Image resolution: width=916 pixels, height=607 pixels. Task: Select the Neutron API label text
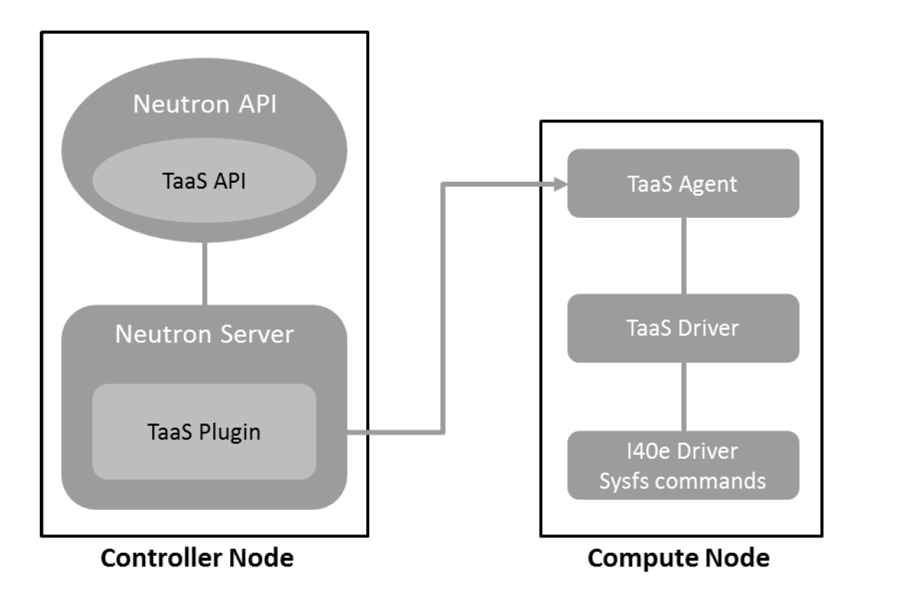203,105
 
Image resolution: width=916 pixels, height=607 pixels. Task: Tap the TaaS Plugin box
204,431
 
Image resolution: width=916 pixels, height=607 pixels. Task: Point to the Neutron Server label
204,333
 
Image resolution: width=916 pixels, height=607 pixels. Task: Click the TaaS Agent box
683,183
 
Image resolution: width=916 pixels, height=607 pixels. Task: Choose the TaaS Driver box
683,328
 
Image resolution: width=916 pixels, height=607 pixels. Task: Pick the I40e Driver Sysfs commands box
683,466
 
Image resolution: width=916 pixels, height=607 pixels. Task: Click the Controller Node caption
197,558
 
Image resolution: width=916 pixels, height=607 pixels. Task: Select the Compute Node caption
678,558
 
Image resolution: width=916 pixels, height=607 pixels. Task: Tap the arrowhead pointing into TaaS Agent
559,183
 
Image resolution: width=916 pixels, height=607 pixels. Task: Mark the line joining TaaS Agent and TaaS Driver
683,256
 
